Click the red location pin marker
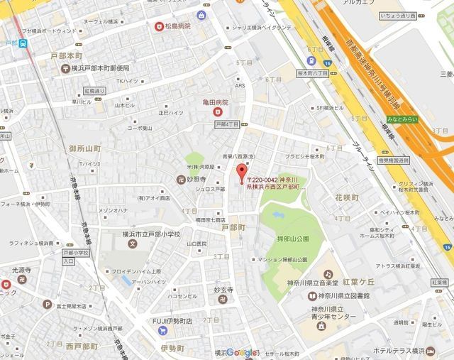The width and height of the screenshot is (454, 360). [241, 172]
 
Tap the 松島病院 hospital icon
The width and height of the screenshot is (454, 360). [160, 27]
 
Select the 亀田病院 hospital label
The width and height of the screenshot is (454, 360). [214, 103]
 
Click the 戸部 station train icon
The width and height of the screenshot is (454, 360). [24, 43]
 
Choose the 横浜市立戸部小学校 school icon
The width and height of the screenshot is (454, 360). [132, 244]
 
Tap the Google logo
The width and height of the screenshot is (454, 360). [244, 353]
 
